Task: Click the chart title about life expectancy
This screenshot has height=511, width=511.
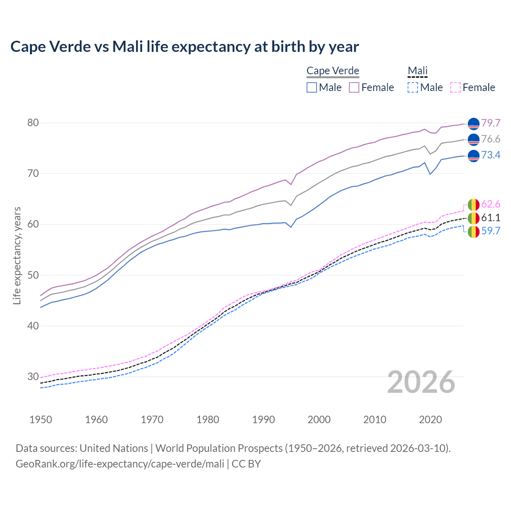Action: pos(184,47)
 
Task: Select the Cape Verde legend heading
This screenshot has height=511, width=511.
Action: pos(333,71)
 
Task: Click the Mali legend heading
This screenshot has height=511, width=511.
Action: pos(418,71)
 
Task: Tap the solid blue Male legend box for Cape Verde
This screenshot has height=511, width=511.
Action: pos(312,87)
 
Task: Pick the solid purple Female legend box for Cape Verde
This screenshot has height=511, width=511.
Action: pos(354,87)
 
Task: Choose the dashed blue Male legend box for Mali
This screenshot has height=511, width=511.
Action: pos(413,87)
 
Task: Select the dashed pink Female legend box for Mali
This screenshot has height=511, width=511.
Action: pos(456,87)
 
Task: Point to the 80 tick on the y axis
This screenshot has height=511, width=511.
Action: pos(33,123)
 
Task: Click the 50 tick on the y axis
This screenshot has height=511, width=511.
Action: pos(33,275)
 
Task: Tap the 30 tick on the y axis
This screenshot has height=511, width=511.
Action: pos(33,376)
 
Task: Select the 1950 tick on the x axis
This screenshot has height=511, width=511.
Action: pos(41,420)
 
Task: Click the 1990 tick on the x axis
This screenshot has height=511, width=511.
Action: pos(263,420)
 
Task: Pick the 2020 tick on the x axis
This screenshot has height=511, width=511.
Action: pos(430,420)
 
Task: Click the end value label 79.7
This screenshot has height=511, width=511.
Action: pos(491,123)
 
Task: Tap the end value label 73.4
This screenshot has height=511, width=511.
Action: pos(491,155)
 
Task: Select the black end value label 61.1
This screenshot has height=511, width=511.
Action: pos(491,218)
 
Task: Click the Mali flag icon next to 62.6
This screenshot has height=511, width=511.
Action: pos(473,204)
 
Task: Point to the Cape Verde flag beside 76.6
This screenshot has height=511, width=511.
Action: pos(473,139)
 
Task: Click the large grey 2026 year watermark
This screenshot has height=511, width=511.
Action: pos(421,382)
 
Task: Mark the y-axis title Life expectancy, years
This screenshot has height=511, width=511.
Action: pos(17,255)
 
